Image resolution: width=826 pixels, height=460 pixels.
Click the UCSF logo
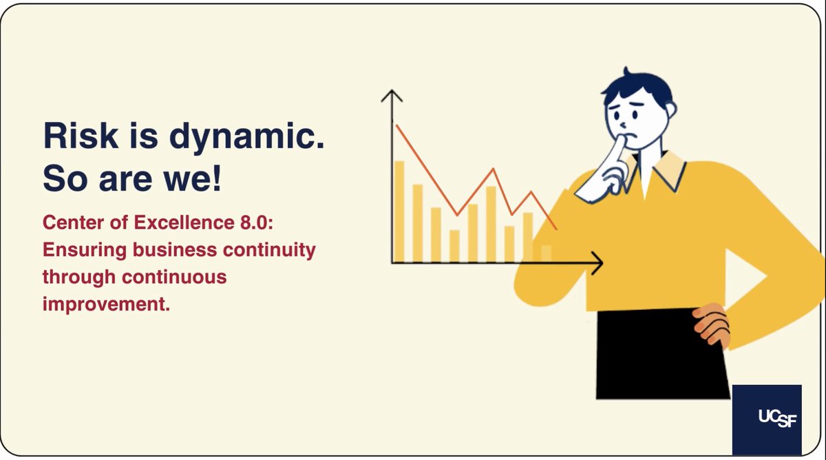point(767,419)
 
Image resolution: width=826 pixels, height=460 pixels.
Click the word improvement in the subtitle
point(105,304)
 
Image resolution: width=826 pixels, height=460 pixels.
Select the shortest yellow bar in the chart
point(547,253)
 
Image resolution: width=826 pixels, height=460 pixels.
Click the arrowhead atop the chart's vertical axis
point(392,96)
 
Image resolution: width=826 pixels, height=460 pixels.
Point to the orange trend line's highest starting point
point(396,125)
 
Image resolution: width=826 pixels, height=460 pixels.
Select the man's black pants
point(661,355)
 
